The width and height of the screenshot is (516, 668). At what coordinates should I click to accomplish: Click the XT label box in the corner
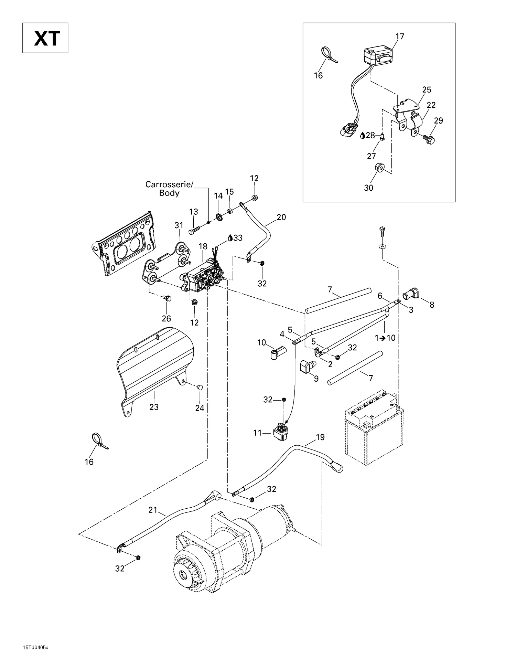point(45,38)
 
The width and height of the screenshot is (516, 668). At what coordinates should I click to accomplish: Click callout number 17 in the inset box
point(400,36)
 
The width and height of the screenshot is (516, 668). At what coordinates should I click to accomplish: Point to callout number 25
point(427,90)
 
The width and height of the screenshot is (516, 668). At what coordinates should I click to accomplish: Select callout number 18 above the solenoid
point(203,246)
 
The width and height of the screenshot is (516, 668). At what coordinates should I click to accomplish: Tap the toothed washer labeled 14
point(218,217)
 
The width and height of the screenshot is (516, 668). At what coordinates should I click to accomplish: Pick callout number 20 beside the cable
point(281,217)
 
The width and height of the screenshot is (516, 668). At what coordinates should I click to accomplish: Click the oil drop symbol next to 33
point(230,238)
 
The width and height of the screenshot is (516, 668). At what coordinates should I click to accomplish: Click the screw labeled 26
point(167,298)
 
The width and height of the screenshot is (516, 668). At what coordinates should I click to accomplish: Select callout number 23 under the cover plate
point(154,407)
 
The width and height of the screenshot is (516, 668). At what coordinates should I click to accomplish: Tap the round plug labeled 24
point(200,387)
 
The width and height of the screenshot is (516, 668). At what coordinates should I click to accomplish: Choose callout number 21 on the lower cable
point(153,510)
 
